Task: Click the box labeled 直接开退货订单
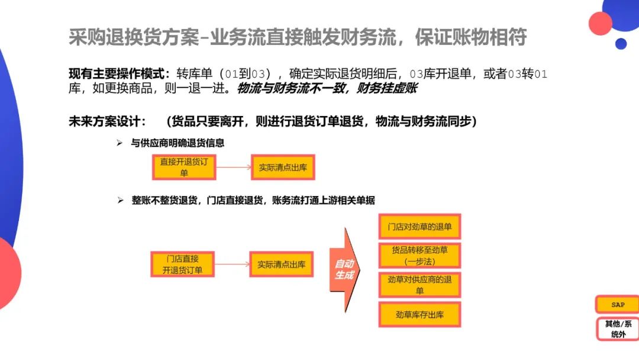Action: [x=184, y=168]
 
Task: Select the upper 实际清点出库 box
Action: [x=282, y=168]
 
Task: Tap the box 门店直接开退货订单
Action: [x=182, y=264]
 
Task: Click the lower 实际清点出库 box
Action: [x=281, y=265]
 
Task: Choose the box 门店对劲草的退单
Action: [x=419, y=227]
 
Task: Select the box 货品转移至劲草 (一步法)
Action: [x=419, y=255]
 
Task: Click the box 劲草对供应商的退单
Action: [x=419, y=285]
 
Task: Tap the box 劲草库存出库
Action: [x=419, y=314]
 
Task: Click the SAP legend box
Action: [x=618, y=304]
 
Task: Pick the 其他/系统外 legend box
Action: [x=618, y=329]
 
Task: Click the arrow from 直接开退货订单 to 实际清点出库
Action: [x=233, y=168]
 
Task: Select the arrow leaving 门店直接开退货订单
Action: [x=232, y=265]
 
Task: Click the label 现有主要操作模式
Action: [x=118, y=74]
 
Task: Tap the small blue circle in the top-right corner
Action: [x=621, y=44]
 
